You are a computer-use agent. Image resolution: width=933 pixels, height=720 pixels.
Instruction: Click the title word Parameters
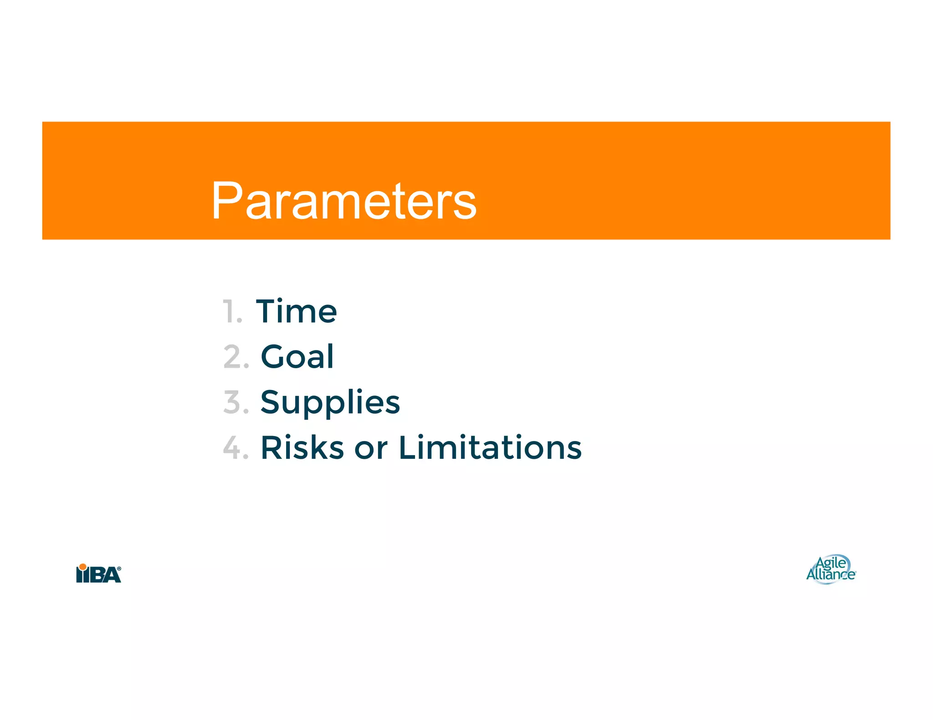(344, 201)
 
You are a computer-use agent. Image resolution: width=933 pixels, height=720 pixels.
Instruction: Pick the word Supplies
(330, 402)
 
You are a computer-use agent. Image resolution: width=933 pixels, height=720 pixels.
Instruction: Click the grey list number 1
(231, 312)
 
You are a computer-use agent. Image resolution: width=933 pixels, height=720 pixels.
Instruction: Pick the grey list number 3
(233, 402)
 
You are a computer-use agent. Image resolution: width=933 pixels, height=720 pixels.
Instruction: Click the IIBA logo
(98, 573)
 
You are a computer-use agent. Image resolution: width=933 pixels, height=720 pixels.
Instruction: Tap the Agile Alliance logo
(831, 569)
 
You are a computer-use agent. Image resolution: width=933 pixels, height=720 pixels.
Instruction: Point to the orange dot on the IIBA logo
(82, 567)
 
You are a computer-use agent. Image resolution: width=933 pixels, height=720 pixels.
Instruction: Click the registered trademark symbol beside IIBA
(119, 568)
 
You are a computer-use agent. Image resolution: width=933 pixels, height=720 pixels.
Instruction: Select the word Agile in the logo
(831, 563)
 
